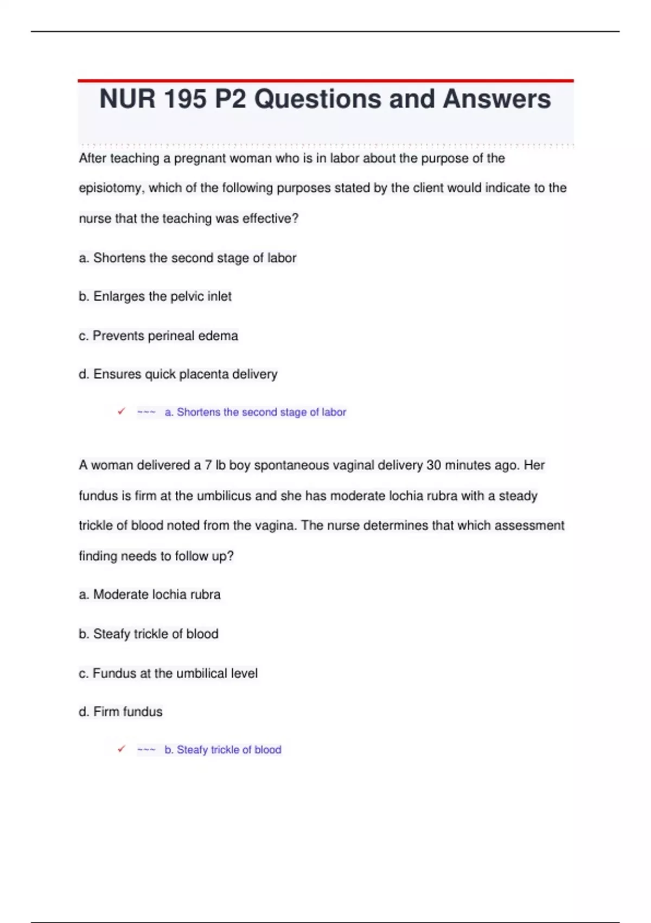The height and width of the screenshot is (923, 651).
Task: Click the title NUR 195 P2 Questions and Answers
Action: click(x=325, y=99)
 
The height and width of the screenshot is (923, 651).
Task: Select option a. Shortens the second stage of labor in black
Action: click(x=188, y=258)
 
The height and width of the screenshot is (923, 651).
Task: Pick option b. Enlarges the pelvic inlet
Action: click(x=155, y=296)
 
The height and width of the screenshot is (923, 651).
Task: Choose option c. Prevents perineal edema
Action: click(x=158, y=336)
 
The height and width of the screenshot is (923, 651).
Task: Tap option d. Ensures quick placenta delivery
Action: click(x=178, y=374)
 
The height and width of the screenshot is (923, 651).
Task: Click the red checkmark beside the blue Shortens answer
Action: click(x=122, y=412)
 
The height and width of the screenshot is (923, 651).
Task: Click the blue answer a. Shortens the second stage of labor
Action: click(x=255, y=412)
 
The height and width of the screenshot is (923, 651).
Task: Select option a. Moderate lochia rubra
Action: click(x=150, y=595)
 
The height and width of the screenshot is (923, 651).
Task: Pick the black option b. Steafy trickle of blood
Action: click(x=149, y=634)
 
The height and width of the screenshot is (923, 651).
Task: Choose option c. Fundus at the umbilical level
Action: click(x=168, y=673)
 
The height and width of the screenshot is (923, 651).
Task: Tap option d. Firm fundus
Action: click(x=120, y=712)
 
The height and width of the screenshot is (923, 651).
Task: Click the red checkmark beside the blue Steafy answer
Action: click(x=122, y=749)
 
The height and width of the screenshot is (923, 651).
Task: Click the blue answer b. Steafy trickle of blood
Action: click(x=223, y=750)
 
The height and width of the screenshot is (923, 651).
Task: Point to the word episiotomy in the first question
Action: click(x=111, y=188)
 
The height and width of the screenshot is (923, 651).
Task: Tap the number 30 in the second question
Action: click(x=434, y=465)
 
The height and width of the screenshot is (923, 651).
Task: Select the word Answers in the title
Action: click(x=496, y=99)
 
